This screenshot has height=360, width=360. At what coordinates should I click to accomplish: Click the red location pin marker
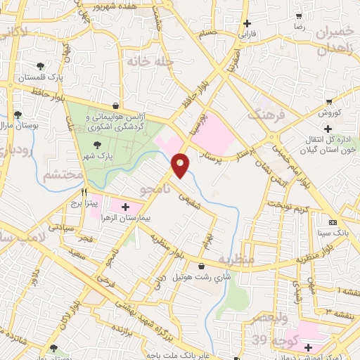[x=181, y=165]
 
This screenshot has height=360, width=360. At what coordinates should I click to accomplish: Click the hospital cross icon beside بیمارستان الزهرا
[x=126, y=207]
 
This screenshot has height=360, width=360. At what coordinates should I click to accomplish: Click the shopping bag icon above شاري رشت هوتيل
[x=202, y=266]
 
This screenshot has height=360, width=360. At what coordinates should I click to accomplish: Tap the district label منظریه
[x=235, y=259]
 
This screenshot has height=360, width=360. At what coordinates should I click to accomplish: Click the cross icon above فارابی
[x=247, y=23]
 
